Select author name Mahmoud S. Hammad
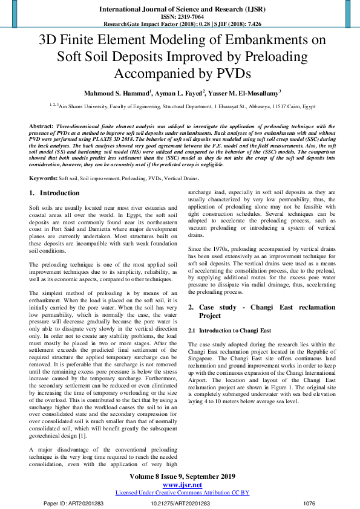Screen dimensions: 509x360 [x=117, y=94]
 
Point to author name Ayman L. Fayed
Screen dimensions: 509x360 [x=179, y=94]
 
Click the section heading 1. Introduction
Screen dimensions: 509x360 [x=54, y=193]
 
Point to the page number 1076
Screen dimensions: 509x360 [x=309, y=503]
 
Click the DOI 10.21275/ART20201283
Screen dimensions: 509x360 [x=181, y=503]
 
